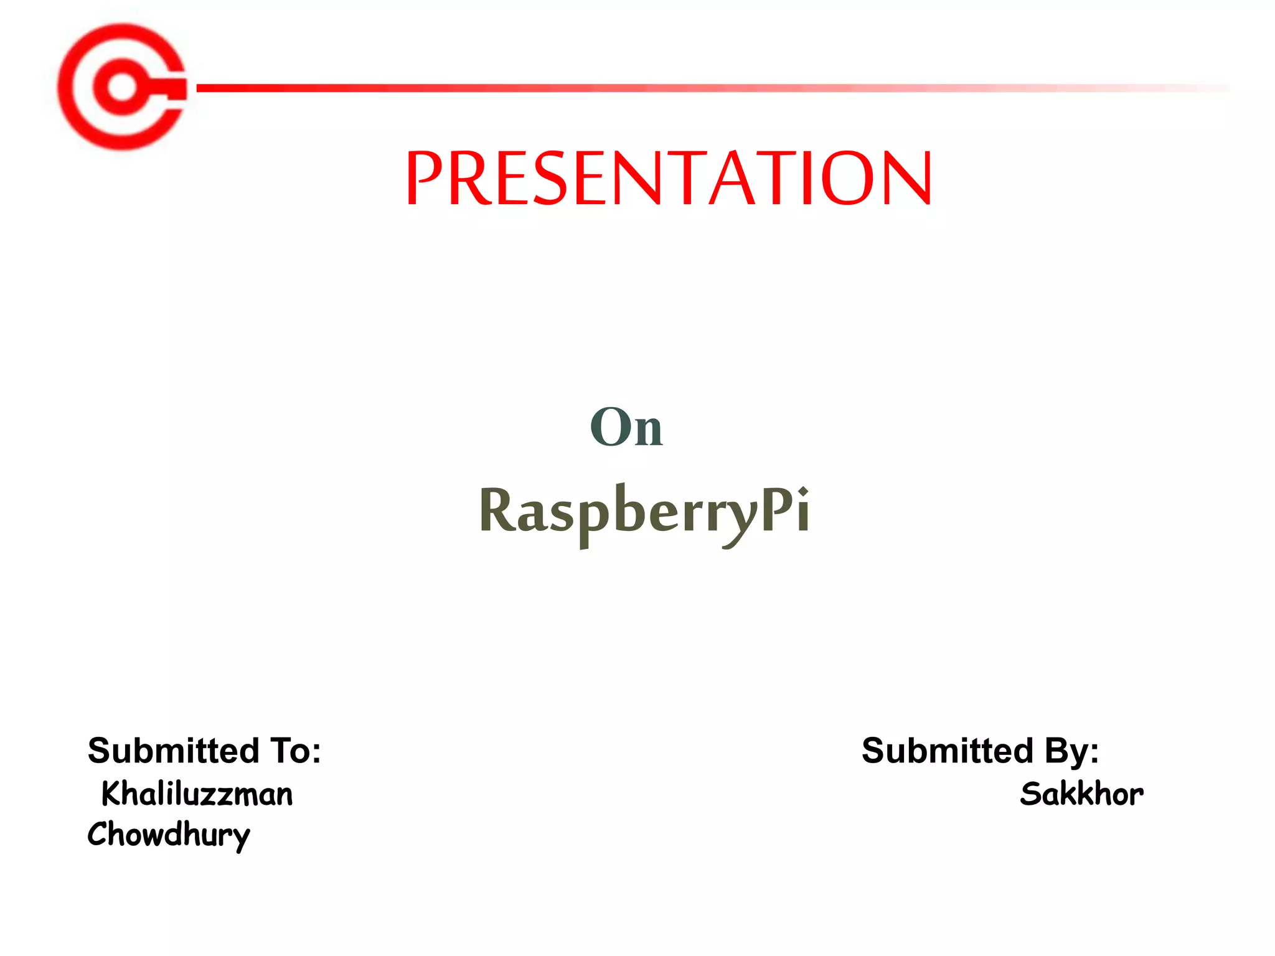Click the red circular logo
click(x=122, y=87)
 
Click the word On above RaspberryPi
click(x=626, y=428)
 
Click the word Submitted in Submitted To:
click(x=173, y=751)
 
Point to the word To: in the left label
click(x=295, y=751)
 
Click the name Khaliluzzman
click(x=197, y=794)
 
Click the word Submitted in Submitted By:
click(x=947, y=751)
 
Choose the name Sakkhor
click(x=1081, y=794)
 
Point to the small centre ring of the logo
click(x=121, y=87)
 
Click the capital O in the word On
click(x=609, y=428)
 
